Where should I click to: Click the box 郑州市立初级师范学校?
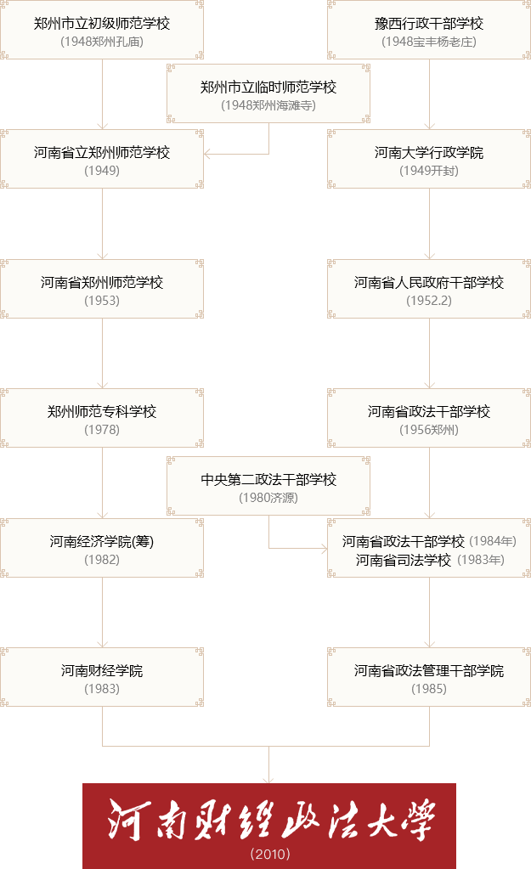[102, 30]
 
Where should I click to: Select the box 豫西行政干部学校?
[429, 30]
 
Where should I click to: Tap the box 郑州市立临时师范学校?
[268, 93]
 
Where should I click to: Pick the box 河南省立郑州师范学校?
[102, 159]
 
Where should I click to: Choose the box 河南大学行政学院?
[429, 159]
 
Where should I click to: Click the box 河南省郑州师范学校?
[102, 289]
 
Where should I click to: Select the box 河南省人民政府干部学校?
[429, 289]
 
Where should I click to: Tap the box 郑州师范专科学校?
[102, 418]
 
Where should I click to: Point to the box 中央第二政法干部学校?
[268, 486]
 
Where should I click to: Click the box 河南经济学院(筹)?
[102, 548]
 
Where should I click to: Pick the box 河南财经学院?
[102, 677]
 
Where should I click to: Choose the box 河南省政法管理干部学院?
[429, 677]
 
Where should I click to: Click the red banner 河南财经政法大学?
[269, 826]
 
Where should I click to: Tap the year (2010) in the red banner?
[270, 854]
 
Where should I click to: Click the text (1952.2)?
[429, 301]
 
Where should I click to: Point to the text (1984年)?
[493, 541]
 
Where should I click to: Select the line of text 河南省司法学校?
[403, 561]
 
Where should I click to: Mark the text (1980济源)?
[268, 498]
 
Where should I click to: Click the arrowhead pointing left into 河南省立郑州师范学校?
[207, 154]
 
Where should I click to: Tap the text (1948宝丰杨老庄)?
[429, 42]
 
